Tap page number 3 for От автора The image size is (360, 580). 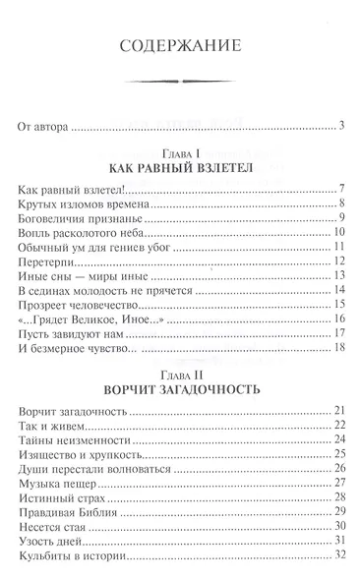click(336, 125)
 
